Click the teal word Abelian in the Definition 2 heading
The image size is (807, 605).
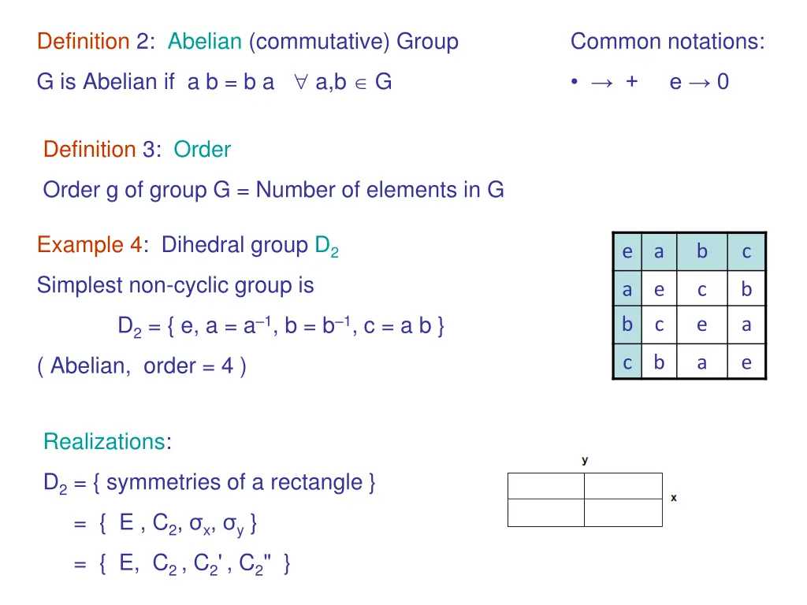click(204, 41)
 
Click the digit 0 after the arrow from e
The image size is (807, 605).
click(723, 81)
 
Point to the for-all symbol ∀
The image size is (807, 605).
click(300, 81)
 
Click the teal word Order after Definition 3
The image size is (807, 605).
click(202, 149)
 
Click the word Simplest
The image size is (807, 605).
click(80, 285)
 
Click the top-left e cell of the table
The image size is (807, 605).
click(627, 252)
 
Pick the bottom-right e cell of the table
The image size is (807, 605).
click(746, 362)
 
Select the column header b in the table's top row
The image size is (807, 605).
click(701, 252)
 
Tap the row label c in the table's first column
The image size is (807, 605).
click(627, 362)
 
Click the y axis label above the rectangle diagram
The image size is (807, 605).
click(585, 460)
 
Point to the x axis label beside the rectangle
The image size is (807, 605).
click(674, 498)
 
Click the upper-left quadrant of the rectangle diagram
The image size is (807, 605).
click(546, 486)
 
